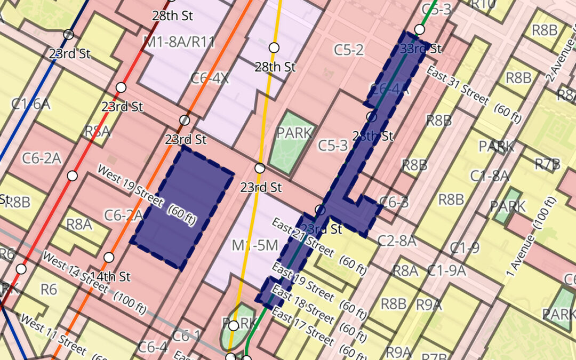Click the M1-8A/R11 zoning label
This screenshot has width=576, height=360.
point(179,42)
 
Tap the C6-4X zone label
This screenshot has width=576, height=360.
point(210,78)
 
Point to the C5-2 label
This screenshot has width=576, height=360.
point(349,50)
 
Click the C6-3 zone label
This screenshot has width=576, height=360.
point(394,202)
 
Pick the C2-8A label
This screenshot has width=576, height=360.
point(397,241)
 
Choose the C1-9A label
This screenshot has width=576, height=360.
point(446,270)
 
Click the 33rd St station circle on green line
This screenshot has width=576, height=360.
point(420,29)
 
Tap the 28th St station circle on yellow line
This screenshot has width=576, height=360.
point(274,47)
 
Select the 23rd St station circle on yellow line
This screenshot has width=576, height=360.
point(260,169)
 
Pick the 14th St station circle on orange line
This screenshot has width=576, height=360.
point(109,258)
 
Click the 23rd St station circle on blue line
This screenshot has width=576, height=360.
point(68,35)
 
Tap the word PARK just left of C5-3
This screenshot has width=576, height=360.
point(294,132)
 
